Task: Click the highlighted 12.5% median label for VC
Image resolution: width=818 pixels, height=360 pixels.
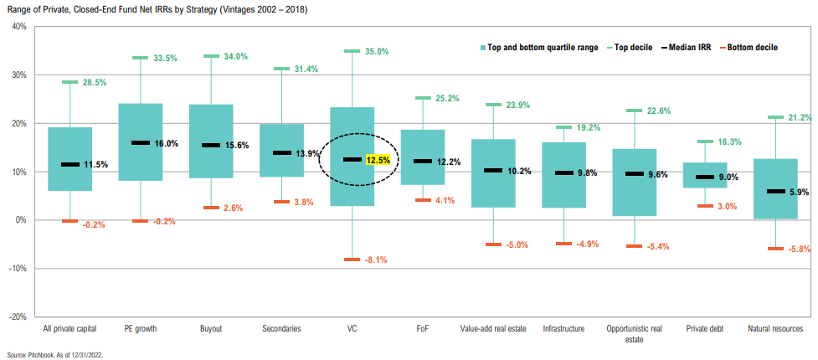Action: click(x=378, y=160)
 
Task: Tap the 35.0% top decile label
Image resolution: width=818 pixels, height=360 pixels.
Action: click(x=378, y=52)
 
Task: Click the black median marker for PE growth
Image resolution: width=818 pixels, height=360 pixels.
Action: click(x=141, y=143)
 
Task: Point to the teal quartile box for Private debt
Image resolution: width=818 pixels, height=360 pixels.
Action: click(x=705, y=175)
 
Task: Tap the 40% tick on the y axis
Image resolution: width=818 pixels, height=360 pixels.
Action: click(x=19, y=27)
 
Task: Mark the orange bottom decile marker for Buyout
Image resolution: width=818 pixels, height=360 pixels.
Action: click(x=211, y=208)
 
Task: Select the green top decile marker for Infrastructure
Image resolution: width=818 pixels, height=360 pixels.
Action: click(x=563, y=127)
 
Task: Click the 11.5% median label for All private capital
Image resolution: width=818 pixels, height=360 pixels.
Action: click(x=96, y=165)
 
